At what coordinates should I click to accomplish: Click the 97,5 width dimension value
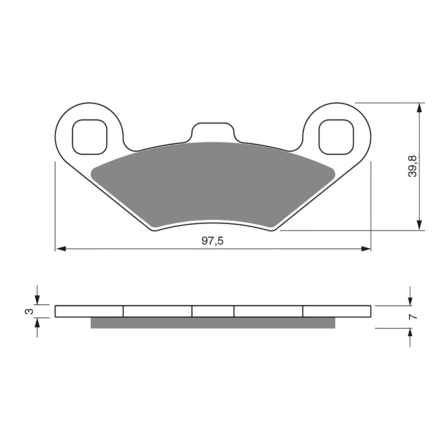(x=213, y=241)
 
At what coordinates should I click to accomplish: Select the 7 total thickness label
(x=413, y=317)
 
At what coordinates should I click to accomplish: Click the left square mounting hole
(x=90, y=137)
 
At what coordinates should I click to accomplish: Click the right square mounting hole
(x=336, y=137)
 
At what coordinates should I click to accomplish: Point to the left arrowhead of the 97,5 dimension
(x=60, y=249)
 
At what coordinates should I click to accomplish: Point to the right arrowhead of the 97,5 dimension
(x=366, y=249)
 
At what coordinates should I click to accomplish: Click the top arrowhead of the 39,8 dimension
(x=419, y=108)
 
